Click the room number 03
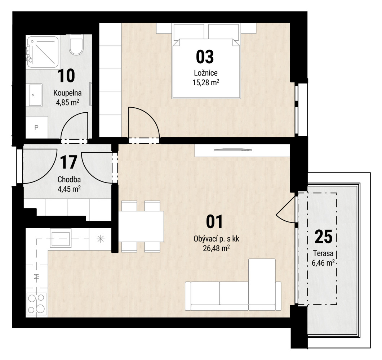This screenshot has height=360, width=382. [x=205, y=57]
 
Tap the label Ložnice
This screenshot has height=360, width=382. [x=206, y=73]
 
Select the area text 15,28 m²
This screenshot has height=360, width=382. [x=206, y=83]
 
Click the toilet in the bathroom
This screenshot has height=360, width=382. [x=76, y=45]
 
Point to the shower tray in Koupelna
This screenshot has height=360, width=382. [x=43, y=52]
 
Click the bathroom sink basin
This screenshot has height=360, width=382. [x=36, y=95]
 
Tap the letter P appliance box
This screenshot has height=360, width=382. [x=37, y=127]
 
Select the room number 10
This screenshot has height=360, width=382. [x=66, y=76]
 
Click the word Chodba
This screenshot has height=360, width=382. [x=69, y=179]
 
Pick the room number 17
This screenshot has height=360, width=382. [x=69, y=162]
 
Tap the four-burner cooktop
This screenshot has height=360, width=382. [x=37, y=303]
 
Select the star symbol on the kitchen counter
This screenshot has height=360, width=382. [x=101, y=239]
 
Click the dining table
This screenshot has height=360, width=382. [x=141, y=226]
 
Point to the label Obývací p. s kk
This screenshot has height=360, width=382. [x=216, y=239]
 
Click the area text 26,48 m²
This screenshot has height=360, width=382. [x=216, y=248]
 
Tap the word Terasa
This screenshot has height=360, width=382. [x=323, y=253]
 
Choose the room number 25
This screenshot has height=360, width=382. [x=324, y=237]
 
